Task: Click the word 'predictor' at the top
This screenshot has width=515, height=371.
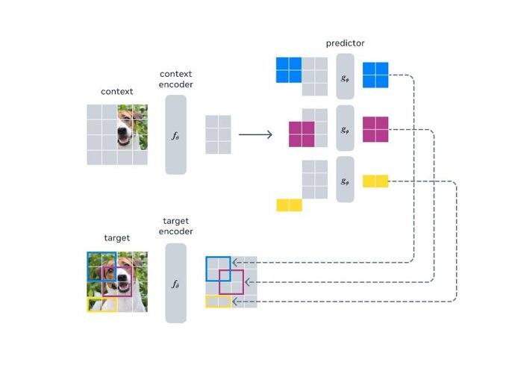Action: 344,43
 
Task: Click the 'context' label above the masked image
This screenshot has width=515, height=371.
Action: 116,92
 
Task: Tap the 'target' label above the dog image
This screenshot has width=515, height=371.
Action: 116,238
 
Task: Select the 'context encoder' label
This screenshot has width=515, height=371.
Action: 175,79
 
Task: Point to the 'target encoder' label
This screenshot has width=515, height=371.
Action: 176,226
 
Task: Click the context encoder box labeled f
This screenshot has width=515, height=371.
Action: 175,135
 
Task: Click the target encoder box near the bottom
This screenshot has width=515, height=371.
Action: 175,282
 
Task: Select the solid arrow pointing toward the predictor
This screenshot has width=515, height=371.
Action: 254,135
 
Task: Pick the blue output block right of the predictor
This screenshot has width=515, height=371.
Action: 376,75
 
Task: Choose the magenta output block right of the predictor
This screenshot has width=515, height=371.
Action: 376,129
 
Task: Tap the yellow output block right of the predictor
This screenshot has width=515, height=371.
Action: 375,181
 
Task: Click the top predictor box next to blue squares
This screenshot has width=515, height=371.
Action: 345,76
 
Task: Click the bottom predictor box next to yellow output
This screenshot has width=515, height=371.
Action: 345,179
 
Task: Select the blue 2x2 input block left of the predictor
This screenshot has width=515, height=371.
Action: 289,69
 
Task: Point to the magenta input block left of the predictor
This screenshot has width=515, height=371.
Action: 302,134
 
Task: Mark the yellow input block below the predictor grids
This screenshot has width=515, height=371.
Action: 289,205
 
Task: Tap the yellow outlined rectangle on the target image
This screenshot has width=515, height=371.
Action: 102,304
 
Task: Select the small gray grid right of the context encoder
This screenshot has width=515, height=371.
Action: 218,134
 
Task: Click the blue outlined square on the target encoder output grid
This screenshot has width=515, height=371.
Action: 218,268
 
